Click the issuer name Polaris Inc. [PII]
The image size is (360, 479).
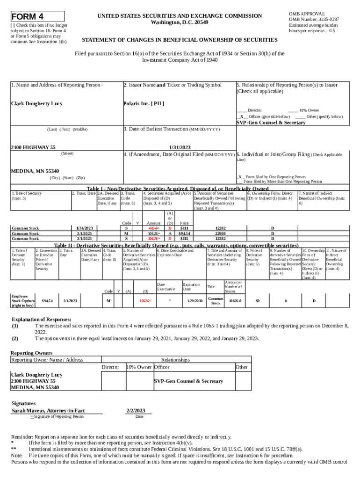pyautogui.click(x=144, y=103)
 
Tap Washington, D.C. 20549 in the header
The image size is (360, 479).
pyautogui.click(x=180, y=22)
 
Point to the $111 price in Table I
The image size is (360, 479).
pyautogui.click(x=184, y=228)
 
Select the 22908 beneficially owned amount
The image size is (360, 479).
pyautogui.click(x=220, y=233)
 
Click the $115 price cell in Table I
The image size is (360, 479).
pyautogui.click(x=184, y=238)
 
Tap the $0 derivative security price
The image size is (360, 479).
pyautogui.click(x=257, y=301)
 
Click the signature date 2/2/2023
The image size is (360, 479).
pyautogui.click(x=136, y=411)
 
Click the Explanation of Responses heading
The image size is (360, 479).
pyautogui.click(x=41, y=319)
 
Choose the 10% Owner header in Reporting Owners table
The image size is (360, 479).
pyautogui.click(x=139, y=367)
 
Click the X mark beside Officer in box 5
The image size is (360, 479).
pyautogui.click(x=241, y=116)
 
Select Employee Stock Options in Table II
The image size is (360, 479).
pyautogui.click(x=22, y=300)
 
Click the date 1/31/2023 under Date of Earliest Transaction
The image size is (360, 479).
pyautogui.click(x=180, y=147)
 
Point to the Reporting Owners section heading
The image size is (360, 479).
pyautogui.click(x=31, y=352)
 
